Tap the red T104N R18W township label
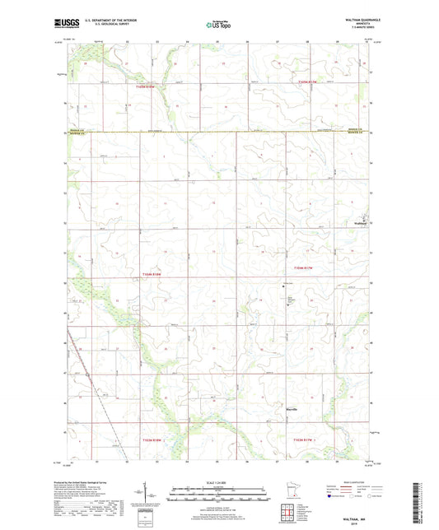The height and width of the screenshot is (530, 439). (x=155, y=275)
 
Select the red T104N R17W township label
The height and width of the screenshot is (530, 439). (x=305, y=267)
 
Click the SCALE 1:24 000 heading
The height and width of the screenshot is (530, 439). (x=218, y=481)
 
